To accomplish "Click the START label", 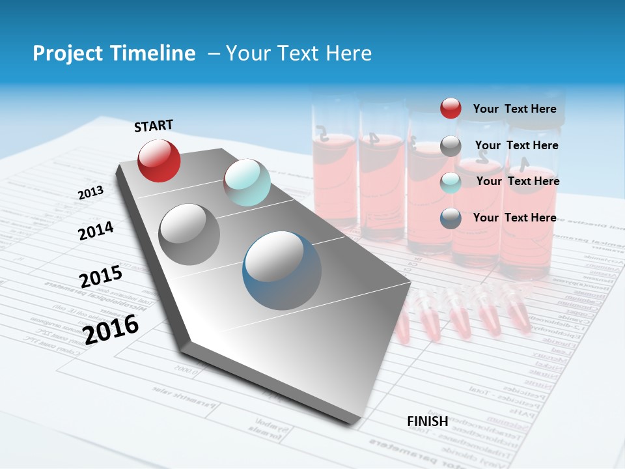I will pos(154,126).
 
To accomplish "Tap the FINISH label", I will pos(428,421).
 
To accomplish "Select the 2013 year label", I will pos(90,193).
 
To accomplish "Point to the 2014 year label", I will pos(96,231).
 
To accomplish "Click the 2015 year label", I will pos(101,277).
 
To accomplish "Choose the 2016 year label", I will pos(111,329).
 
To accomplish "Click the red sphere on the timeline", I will pos(159,160).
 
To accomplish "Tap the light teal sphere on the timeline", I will pos(247,182).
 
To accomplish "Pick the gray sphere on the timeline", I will pos(189,234).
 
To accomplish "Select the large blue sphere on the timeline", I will pos(282,270).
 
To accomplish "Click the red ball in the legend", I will pos(451,109).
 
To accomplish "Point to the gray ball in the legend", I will pos(451,146).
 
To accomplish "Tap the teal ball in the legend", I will pos(451,182).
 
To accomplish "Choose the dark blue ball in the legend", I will pos(451,218).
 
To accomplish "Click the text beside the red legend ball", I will pos(514,109).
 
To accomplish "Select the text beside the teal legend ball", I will pos(518,181).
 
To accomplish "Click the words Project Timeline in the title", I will pos(114,53).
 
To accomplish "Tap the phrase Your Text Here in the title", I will pos(299,53).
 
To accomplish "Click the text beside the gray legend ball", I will pos(516,145).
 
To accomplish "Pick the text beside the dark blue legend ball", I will pos(514,218).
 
